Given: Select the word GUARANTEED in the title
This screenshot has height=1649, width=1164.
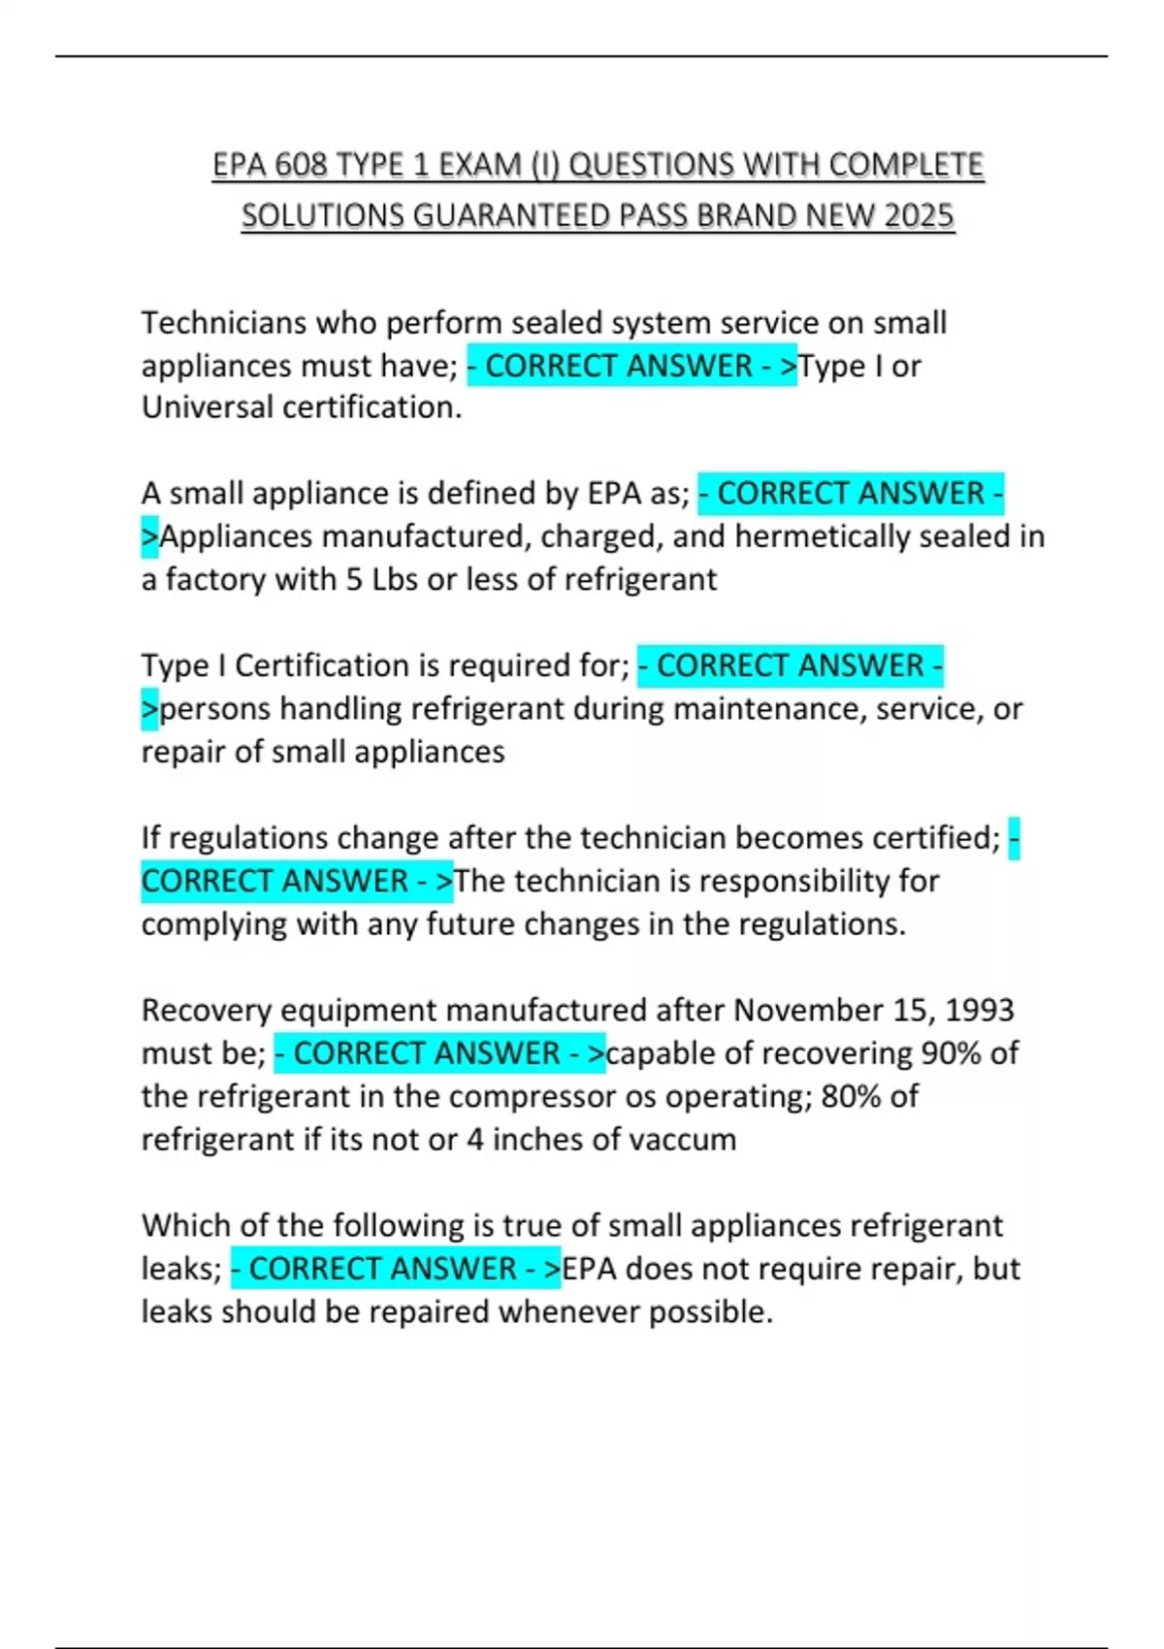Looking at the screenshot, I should click(512, 215).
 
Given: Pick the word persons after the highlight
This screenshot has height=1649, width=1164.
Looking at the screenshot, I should click(215, 709).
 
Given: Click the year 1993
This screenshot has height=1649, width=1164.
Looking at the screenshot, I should click(980, 1010).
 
